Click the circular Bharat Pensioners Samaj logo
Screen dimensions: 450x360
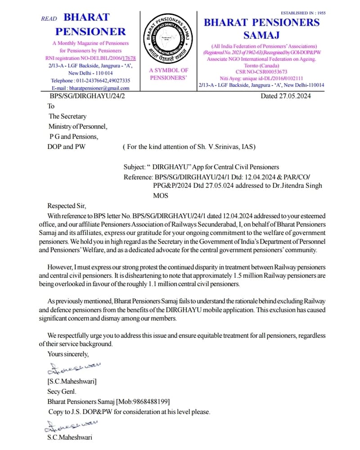(x=168, y=40)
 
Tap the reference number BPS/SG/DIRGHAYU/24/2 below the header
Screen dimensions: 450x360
(x=87, y=96)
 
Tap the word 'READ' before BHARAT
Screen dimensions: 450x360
(x=49, y=19)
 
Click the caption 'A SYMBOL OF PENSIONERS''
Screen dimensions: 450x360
(x=168, y=74)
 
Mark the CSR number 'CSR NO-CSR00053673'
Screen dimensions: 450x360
(x=261, y=72)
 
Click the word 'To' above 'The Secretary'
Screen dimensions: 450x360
(x=51, y=106)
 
